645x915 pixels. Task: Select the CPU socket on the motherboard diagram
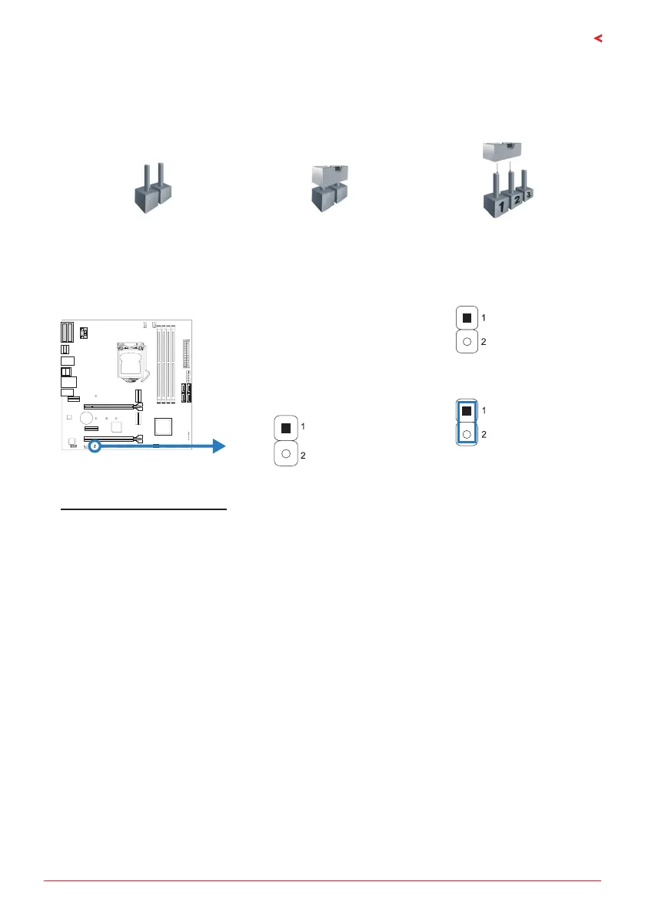click(x=127, y=359)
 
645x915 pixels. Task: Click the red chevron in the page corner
click(x=599, y=38)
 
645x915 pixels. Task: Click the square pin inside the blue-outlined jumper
click(x=467, y=412)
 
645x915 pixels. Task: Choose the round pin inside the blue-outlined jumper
click(x=467, y=435)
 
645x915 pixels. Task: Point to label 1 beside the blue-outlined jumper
click(x=484, y=412)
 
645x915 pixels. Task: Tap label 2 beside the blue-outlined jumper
click(x=484, y=435)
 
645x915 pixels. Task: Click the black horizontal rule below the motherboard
click(x=143, y=509)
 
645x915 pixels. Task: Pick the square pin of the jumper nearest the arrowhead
click(x=285, y=427)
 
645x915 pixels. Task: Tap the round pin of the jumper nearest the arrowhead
click(x=285, y=453)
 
